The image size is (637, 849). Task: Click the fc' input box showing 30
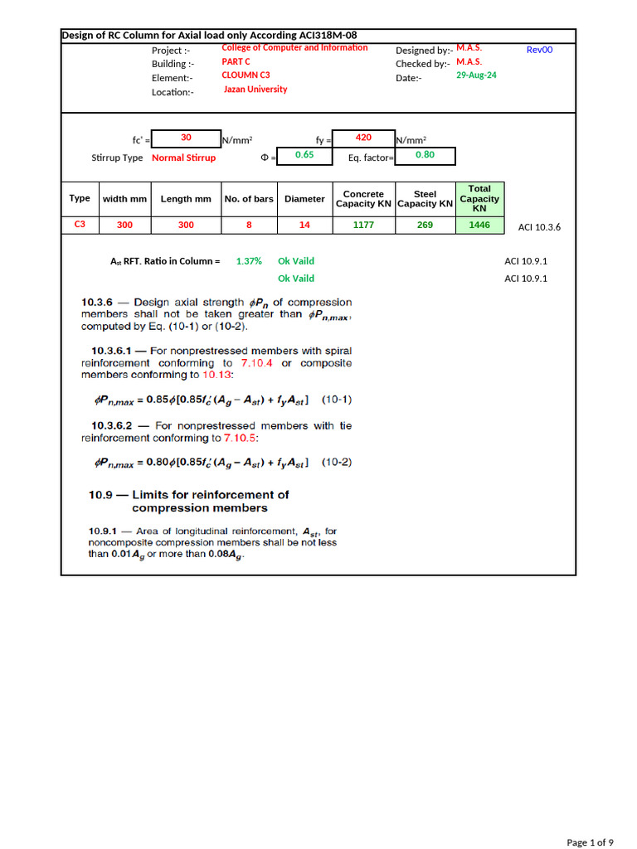187,138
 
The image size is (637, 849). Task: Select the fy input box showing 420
363,138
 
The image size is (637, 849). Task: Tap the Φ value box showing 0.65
304,155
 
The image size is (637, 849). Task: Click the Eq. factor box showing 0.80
425,155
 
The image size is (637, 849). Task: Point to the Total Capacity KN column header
479,199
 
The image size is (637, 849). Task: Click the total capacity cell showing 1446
479,225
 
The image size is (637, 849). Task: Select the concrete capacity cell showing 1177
363,225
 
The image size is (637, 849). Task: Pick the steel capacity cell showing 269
425,225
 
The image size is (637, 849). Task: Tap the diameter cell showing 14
304,225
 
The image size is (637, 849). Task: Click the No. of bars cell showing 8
249,225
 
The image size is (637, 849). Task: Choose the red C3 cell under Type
80,224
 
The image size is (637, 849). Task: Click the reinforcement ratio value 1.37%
249,261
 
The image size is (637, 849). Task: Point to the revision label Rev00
539,50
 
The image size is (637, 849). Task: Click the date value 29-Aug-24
476,75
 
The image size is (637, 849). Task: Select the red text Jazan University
255,90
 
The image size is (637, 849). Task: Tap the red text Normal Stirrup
183,158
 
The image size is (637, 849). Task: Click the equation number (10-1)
336,400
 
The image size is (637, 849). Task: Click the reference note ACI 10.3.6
539,227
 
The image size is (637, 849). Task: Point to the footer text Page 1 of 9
590,842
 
